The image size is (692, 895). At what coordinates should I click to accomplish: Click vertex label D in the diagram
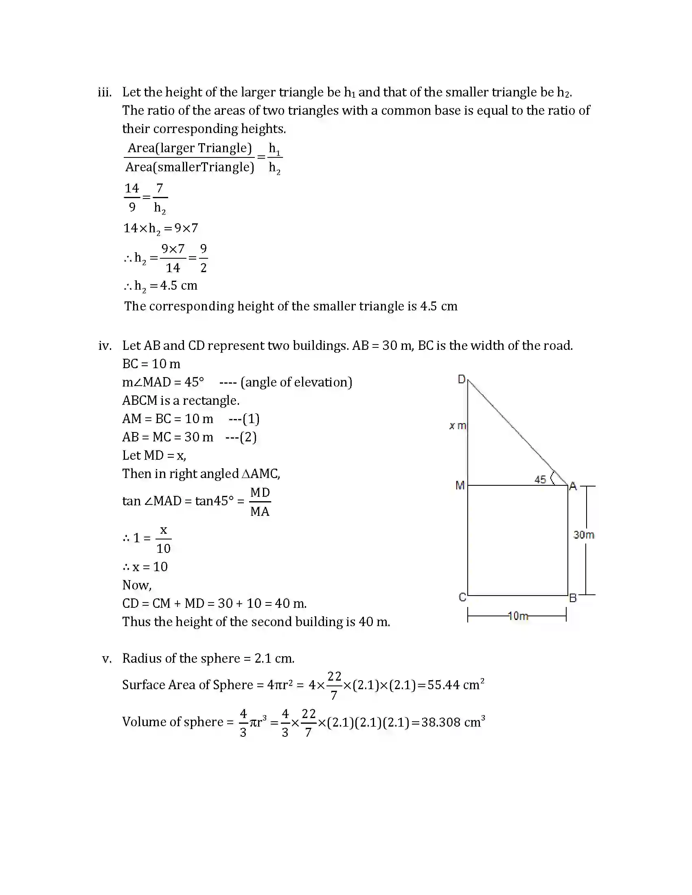point(461,380)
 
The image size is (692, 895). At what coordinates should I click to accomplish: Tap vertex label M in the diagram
point(460,486)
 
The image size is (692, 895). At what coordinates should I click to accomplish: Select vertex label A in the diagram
point(573,487)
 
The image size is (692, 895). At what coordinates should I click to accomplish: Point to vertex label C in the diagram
point(462,598)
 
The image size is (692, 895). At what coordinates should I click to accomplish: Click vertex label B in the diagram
point(573,598)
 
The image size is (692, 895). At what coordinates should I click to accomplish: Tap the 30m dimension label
point(584,535)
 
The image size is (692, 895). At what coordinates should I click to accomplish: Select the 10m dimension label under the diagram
point(518,616)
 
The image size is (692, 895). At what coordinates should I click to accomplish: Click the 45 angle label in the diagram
point(540,480)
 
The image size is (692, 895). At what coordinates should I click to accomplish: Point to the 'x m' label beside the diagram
point(458,426)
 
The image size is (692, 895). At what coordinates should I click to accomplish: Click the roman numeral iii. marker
point(105,92)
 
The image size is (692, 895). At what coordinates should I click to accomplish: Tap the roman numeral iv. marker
point(105,346)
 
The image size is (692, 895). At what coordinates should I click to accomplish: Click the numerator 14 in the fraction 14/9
point(131,188)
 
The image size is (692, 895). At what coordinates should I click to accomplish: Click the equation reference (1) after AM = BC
point(251,419)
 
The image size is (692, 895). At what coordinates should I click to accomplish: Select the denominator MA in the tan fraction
point(260,511)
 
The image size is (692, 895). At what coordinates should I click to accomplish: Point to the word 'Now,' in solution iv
point(137,585)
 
